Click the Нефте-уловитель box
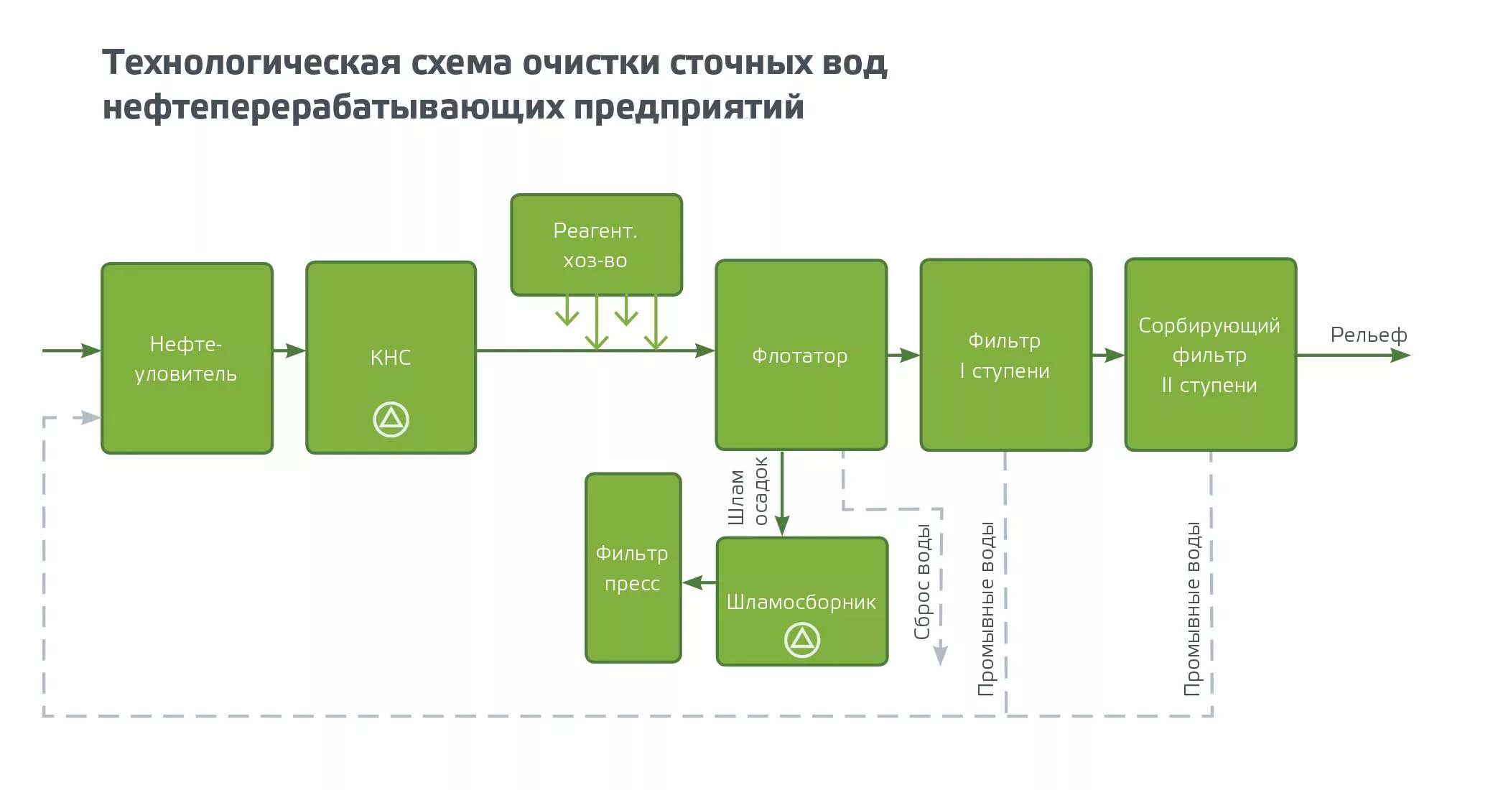click(x=187, y=358)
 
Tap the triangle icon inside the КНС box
click(x=391, y=419)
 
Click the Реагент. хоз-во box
click(x=596, y=244)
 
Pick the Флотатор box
click(x=801, y=355)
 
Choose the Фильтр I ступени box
click(x=1005, y=355)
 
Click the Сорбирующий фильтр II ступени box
click(x=1210, y=355)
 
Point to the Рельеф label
click(x=1368, y=335)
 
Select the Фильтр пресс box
click(x=633, y=567)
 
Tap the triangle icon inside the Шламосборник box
click(x=801, y=639)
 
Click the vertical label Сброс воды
click(x=922, y=582)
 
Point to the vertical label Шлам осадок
click(x=748, y=491)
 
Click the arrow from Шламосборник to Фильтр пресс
click(x=698, y=582)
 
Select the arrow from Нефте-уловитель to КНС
click(x=289, y=350)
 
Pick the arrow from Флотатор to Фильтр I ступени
click(x=903, y=355)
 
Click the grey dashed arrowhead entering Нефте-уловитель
click(x=90, y=417)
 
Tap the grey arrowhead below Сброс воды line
click(x=940, y=655)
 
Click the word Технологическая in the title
click(x=251, y=63)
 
